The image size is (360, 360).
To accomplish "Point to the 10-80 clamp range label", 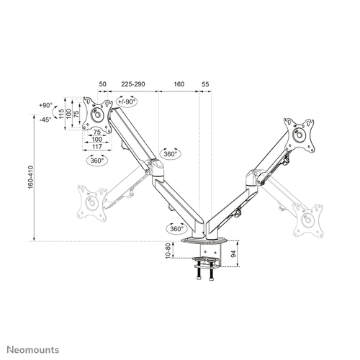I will point(167,254).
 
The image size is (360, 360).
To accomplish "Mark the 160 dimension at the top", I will point(179,85).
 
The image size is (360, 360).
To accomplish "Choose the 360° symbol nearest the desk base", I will point(176,228).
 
